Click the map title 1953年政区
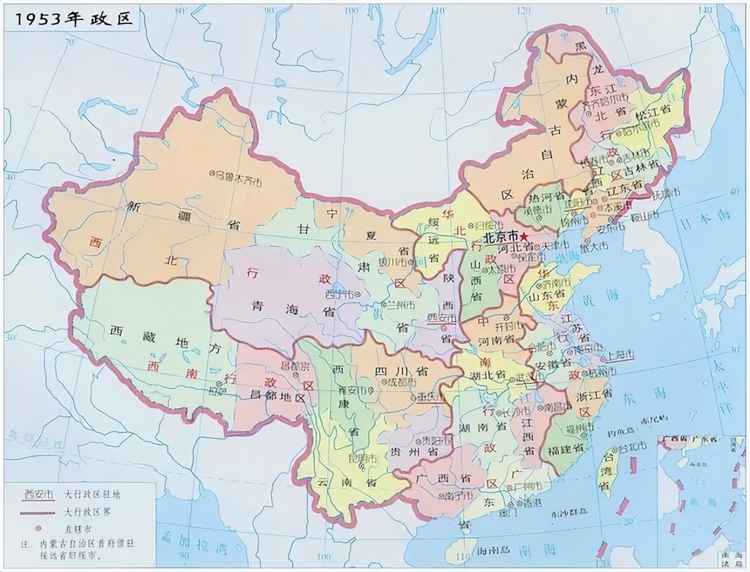(x=74, y=19)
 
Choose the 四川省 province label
(x=401, y=372)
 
